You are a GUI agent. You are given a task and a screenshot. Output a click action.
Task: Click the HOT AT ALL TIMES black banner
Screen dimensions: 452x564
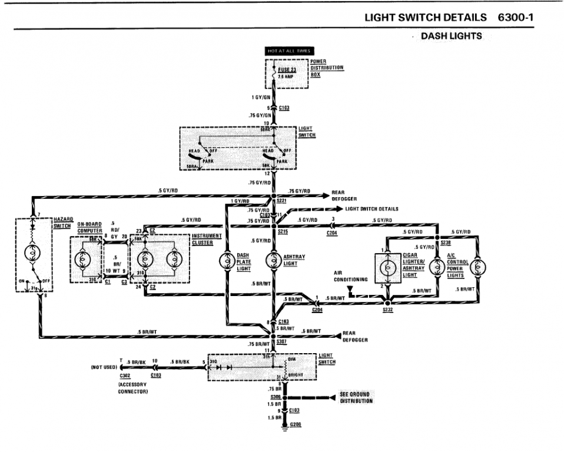click(x=288, y=51)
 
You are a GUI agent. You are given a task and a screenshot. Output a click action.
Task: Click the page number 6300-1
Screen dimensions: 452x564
click(x=516, y=17)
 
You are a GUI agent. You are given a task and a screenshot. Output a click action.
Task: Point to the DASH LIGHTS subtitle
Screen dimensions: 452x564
click(x=451, y=36)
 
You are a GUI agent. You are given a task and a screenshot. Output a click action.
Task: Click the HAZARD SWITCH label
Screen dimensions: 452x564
click(x=62, y=222)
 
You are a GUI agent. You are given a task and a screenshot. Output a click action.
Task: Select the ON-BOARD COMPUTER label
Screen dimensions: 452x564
click(x=89, y=228)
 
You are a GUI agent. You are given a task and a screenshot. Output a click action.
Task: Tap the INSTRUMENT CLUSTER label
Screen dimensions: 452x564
click(x=207, y=239)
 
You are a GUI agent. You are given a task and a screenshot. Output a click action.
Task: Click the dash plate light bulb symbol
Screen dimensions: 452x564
click(x=225, y=261)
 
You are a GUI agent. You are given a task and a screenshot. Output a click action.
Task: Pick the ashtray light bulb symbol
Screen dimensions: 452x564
click(x=273, y=261)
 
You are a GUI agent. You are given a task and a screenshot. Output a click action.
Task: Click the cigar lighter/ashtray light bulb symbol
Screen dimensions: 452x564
click(x=388, y=267)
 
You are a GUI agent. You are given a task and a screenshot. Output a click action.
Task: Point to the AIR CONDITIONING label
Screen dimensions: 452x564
click(x=351, y=276)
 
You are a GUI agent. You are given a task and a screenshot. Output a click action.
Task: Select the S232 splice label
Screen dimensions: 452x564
click(x=387, y=309)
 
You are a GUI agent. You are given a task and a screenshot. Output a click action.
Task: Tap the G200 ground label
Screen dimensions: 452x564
click(x=296, y=424)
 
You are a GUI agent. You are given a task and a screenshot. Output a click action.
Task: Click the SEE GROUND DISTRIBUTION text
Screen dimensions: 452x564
click(x=356, y=397)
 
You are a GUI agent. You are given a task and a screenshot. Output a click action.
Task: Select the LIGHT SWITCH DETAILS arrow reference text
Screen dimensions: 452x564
click(x=371, y=209)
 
